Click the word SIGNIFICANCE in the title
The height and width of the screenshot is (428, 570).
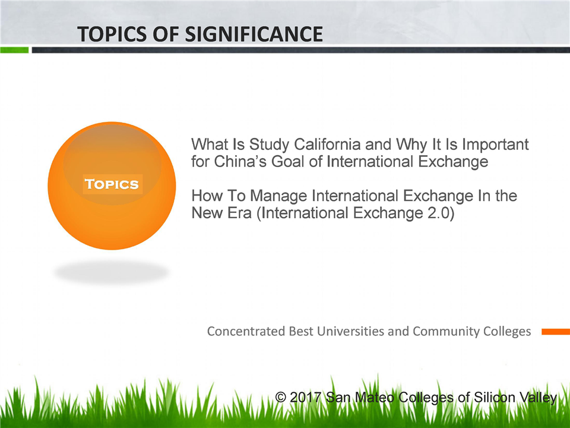coord(254,34)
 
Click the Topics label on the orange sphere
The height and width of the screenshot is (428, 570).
coord(112,184)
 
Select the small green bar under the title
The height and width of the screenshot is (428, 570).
coord(14,50)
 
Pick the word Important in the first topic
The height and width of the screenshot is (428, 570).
coord(495,145)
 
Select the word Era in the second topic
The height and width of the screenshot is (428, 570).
coord(240,213)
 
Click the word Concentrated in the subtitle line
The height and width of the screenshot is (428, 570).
coord(246,331)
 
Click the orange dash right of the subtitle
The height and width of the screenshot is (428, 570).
coord(556,332)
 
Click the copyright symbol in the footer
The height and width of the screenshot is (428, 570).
coord(280,396)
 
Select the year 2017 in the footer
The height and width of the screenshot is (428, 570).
coord(305,397)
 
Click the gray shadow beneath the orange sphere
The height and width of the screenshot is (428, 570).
coord(111,272)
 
